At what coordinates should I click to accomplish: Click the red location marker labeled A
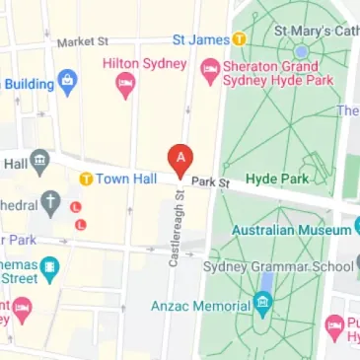[x=180, y=159]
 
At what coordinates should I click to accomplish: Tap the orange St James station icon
[x=239, y=39]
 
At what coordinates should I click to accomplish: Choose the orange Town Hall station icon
[x=86, y=180]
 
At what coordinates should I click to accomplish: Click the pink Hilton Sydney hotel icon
[x=124, y=88]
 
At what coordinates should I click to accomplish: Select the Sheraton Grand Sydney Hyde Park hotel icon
[x=209, y=67]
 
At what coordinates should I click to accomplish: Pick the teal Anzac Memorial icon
[x=261, y=304]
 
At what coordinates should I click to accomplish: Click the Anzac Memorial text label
[x=196, y=305]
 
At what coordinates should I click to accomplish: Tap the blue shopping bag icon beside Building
[x=67, y=79]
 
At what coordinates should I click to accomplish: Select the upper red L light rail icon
[x=76, y=206]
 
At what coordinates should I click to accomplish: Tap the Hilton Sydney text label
[x=144, y=64]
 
